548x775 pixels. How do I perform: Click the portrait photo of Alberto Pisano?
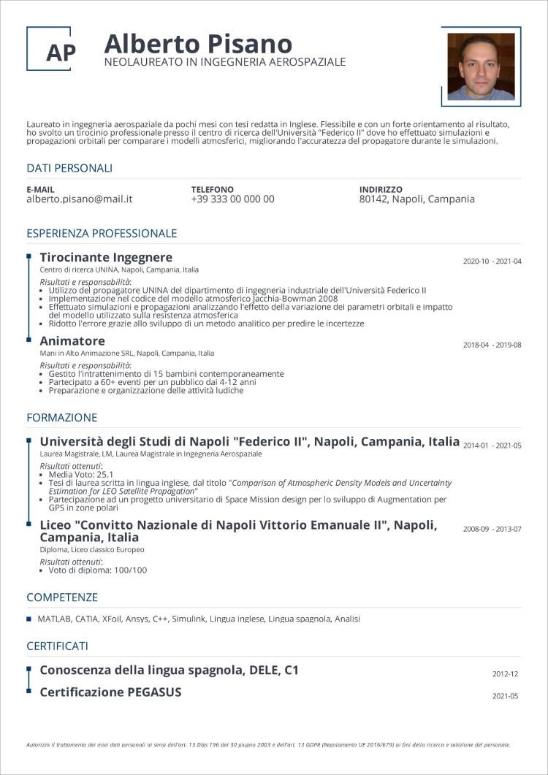tap(481, 66)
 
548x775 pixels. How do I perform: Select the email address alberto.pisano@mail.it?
tap(79, 199)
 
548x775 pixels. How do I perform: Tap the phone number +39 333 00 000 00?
tap(232, 199)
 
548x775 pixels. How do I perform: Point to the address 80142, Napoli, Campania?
tap(416, 199)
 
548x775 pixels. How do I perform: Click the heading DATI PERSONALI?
tap(69, 168)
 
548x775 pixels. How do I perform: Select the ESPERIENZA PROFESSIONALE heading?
tap(102, 234)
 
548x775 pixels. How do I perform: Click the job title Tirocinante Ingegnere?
tap(106, 257)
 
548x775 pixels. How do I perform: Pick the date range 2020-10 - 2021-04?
tap(492, 261)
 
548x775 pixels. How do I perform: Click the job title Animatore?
tap(72, 341)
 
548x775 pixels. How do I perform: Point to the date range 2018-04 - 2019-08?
tap(492, 345)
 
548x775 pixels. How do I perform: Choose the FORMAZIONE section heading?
tap(61, 418)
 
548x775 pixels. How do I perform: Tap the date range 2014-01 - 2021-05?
tap(492, 445)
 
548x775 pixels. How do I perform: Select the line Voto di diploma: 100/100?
tap(97, 570)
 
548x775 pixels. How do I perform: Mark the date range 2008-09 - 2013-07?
tap(492, 529)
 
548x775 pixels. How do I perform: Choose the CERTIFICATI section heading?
tap(57, 646)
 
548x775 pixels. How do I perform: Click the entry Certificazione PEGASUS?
tap(110, 692)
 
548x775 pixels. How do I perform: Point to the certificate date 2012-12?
tap(505, 674)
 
